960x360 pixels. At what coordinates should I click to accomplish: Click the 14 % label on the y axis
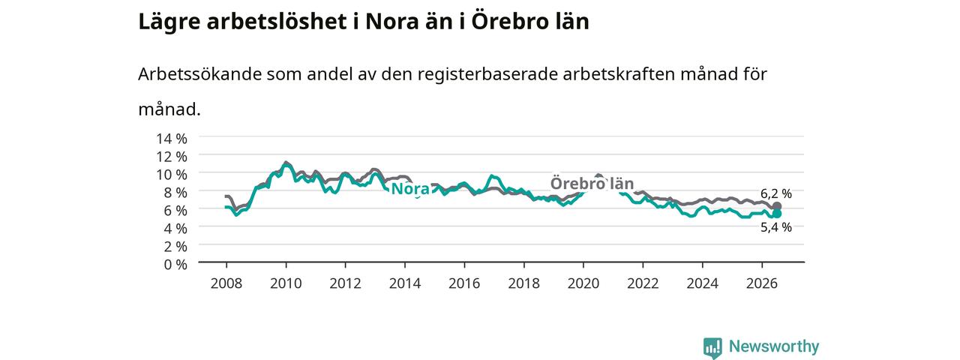pyautogui.click(x=172, y=139)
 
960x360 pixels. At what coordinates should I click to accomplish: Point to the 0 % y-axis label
pyautogui.click(x=175, y=265)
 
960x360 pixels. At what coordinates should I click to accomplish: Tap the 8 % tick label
pyautogui.click(x=175, y=193)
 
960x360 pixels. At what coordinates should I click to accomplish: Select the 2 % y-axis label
pyautogui.click(x=175, y=247)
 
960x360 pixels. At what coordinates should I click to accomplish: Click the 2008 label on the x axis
pyautogui.click(x=226, y=283)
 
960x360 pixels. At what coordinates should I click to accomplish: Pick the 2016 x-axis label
pyautogui.click(x=464, y=283)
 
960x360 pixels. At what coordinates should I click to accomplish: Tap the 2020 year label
pyautogui.click(x=583, y=283)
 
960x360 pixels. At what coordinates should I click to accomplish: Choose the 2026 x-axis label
pyautogui.click(x=762, y=283)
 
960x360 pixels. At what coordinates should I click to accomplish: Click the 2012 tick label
pyautogui.click(x=346, y=283)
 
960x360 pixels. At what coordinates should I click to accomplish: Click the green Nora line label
pyautogui.click(x=410, y=189)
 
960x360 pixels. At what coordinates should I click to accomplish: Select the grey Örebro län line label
pyautogui.click(x=592, y=184)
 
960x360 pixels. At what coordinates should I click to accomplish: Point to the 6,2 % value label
pyautogui.click(x=776, y=193)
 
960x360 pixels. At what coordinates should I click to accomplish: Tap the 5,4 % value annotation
pyautogui.click(x=776, y=227)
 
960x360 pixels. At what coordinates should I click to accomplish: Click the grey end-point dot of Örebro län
pyautogui.click(x=776, y=206)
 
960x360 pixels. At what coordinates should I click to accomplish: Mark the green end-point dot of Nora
pyautogui.click(x=776, y=214)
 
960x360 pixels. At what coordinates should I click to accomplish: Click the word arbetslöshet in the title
pyautogui.click(x=277, y=22)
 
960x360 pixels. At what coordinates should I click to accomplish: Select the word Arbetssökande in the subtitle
pyautogui.click(x=199, y=74)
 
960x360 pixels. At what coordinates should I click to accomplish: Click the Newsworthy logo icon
pyautogui.click(x=712, y=347)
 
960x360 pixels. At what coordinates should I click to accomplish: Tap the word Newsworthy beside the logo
pyautogui.click(x=774, y=346)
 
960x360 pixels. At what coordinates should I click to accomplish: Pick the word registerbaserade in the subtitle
pyautogui.click(x=487, y=74)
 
